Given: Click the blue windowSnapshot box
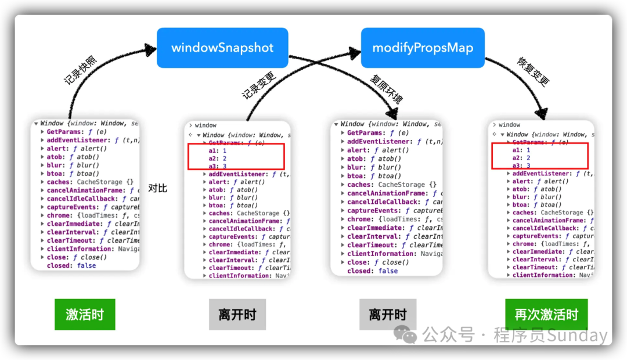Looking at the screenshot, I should (222, 48).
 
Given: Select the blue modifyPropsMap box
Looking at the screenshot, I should (423, 48).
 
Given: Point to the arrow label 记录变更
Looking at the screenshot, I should (258, 84).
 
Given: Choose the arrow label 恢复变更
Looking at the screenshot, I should (532, 72).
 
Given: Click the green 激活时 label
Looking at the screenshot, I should (85, 315).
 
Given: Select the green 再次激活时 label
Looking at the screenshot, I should (546, 315).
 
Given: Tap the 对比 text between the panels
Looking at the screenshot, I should (157, 188).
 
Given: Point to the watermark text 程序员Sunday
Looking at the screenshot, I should (550, 335).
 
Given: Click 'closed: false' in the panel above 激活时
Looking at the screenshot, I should (71, 265).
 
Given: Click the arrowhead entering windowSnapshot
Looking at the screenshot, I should (152, 43).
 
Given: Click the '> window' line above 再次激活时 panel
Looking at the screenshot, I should (509, 125).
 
